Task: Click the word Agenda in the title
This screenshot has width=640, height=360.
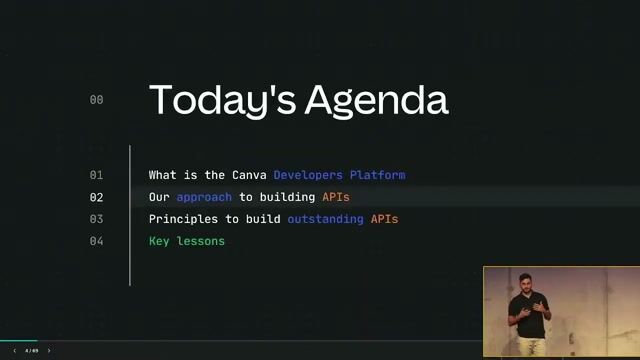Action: pyautogui.click(x=376, y=101)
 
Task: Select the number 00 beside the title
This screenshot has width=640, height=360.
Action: pyautogui.click(x=96, y=100)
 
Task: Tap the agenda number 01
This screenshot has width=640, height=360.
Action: pyautogui.click(x=96, y=175)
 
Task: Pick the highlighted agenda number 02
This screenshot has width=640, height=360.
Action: pyautogui.click(x=96, y=197)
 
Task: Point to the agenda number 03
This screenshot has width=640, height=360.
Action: pyautogui.click(x=96, y=219)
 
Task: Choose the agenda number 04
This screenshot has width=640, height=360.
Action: pyautogui.click(x=96, y=241)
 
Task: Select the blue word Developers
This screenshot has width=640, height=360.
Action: pyautogui.click(x=308, y=175)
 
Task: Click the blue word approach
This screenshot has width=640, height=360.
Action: pyautogui.click(x=204, y=197)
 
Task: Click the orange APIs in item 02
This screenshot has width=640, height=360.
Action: pyautogui.click(x=336, y=197)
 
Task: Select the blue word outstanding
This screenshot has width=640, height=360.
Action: pyautogui.click(x=325, y=219)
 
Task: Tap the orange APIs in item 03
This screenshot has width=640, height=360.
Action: pyautogui.click(x=385, y=219)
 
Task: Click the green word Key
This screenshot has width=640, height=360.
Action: pyautogui.click(x=159, y=241)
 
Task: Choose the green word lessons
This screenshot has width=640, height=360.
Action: pyautogui.click(x=201, y=241)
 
